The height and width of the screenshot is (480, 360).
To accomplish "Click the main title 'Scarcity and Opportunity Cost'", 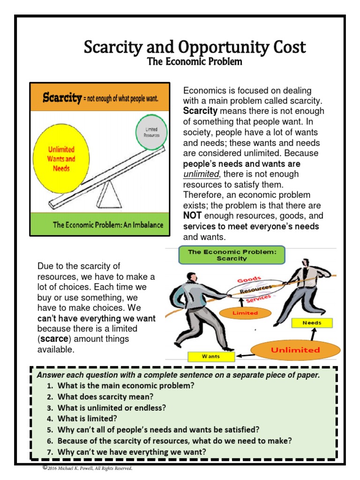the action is coord(194,47).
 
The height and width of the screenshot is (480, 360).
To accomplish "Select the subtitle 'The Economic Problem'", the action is coord(194,61).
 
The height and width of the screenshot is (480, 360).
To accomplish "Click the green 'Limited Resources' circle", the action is coord(151,131).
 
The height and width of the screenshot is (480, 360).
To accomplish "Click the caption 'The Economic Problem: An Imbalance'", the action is coord(108,225).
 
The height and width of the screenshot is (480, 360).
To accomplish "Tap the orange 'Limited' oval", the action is coord(245,313).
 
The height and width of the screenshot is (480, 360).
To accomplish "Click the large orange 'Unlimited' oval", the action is coord(295,350).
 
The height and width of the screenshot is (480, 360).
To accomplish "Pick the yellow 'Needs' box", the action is coord(312,323).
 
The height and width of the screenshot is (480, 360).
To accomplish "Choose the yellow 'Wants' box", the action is coord(210,357).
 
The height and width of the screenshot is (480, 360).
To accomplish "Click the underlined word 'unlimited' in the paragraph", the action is coord(201,174).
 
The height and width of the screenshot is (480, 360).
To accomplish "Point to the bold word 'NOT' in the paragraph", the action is coord(192,216).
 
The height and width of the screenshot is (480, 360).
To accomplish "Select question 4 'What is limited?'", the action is coord(87,419).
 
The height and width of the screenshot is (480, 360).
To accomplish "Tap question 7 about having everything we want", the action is coord(132,452).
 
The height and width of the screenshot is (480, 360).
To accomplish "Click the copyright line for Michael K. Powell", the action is coord(88,468).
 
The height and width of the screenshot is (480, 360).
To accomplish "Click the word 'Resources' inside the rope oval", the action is coord(255,290).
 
